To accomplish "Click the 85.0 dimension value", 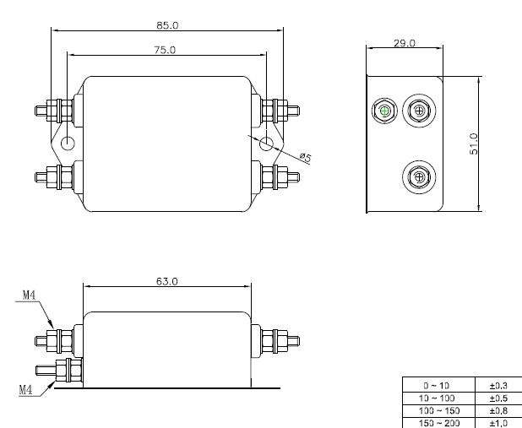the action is click(167, 25).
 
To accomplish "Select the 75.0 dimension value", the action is click(165, 50).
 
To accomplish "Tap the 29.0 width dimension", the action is click(405, 43).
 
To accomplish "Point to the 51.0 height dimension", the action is click(474, 144).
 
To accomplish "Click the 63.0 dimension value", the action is click(167, 282).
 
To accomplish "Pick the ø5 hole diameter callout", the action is click(305, 157).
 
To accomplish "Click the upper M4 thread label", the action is click(29, 295).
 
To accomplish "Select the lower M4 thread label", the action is click(25, 389).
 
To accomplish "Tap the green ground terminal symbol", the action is click(384, 111).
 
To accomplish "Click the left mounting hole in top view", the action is click(68, 144).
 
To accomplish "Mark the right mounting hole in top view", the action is click(266, 144).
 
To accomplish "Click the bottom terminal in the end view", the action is click(419, 176).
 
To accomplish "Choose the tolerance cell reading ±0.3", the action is click(498, 386).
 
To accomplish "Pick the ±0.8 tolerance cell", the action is click(498, 410).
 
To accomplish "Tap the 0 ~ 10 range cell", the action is click(437, 386).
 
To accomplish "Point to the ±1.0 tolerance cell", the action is click(498, 423).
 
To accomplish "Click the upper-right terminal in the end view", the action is click(419, 111).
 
